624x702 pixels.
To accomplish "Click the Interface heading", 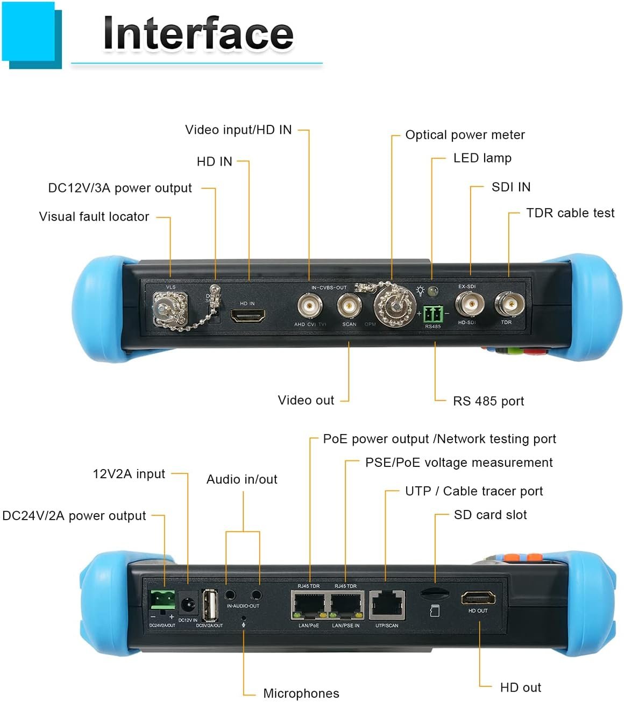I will (198, 33).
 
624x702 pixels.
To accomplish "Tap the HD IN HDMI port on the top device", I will (247, 316).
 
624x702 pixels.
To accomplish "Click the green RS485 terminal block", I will (432, 314).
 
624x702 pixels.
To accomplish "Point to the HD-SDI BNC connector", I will (469, 305).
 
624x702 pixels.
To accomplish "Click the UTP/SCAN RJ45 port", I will (387, 605).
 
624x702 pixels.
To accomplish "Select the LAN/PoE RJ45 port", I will (309, 605).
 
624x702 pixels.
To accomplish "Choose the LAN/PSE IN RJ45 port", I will (346, 605).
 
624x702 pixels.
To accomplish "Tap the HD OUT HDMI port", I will (478, 598).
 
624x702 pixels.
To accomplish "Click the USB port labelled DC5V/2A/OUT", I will (210, 606).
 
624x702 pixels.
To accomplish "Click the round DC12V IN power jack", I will (188, 605).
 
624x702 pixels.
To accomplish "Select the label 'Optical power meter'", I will (465, 135).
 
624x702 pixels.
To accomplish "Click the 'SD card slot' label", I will (490, 515).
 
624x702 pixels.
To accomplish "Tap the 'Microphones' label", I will (301, 693).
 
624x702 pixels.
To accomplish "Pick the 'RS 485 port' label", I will (488, 401).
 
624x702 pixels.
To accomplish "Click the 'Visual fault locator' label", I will (94, 217).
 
